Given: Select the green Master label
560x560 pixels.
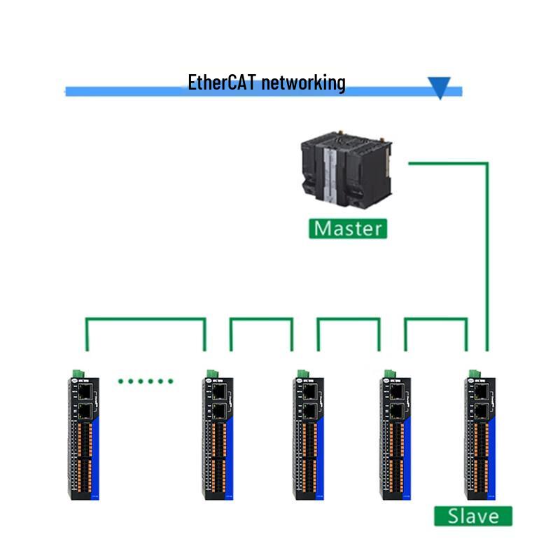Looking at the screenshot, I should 348,228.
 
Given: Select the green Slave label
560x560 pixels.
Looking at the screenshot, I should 473,516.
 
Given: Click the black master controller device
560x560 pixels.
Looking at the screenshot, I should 345,173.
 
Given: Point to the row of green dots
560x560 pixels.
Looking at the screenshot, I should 146,381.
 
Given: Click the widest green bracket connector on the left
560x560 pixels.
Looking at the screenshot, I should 146,320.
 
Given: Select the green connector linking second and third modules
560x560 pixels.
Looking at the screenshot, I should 261,320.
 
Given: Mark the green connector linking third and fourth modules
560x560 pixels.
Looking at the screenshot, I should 348,320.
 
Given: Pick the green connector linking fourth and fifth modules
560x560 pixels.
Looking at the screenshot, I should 435,320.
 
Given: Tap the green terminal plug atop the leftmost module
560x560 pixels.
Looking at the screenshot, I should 73,372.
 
